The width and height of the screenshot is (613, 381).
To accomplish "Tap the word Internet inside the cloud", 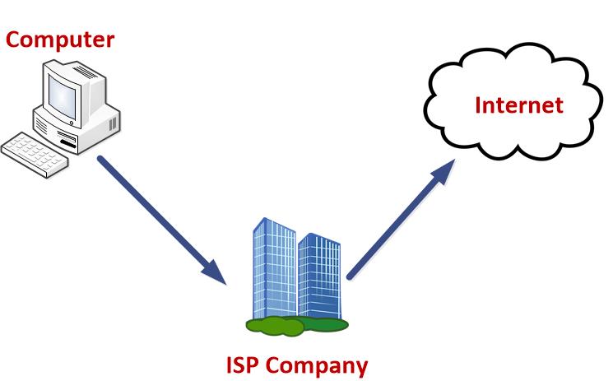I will coord(519,105).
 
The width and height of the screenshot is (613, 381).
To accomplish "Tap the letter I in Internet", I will coord(479,105).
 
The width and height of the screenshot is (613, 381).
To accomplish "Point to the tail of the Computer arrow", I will coord(102,158).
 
